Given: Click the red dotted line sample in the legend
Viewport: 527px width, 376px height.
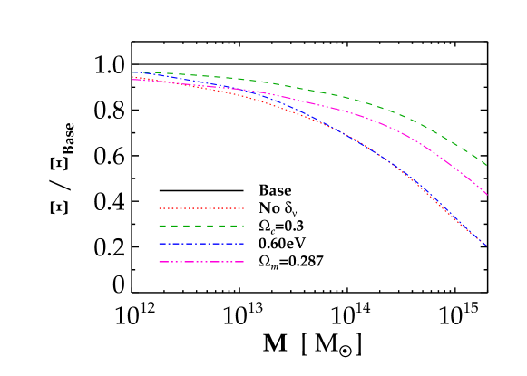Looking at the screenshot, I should click(x=201, y=208).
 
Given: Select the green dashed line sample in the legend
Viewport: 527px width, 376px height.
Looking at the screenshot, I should click(x=201, y=226).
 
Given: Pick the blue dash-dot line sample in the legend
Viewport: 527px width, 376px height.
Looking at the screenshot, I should click(x=201, y=244).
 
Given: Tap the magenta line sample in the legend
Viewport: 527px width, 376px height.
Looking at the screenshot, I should click(x=201, y=262).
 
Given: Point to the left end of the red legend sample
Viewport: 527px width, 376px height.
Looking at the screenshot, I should click(x=160, y=208).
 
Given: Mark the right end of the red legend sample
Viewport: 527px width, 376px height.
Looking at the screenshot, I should click(x=244, y=208).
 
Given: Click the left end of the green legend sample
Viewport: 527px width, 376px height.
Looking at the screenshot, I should click(x=160, y=226).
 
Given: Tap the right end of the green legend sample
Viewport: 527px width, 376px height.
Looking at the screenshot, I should click(x=244, y=226).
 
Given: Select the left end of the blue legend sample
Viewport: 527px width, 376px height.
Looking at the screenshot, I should click(x=160, y=244).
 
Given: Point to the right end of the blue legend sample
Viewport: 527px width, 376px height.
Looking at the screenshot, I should click(x=244, y=244).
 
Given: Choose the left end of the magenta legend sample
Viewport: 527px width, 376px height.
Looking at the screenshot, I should click(x=160, y=262).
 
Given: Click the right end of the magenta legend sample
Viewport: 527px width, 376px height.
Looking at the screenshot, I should click(x=244, y=262).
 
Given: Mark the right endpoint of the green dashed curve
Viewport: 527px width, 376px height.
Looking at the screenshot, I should click(x=487, y=165).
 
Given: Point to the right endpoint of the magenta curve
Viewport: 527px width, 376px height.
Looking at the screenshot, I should click(x=487, y=194).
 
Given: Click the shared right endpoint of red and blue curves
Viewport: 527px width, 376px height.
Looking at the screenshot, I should click(x=486, y=246).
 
